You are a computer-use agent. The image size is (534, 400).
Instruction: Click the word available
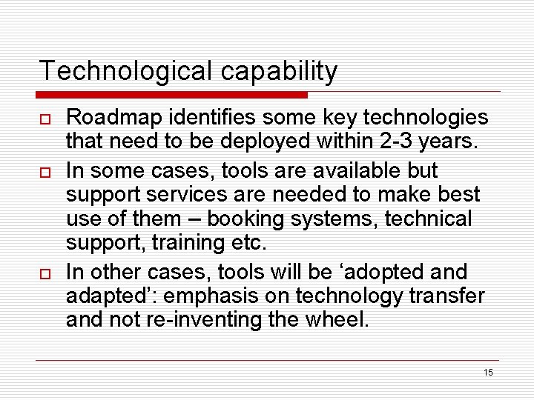pyautogui.click(x=355, y=170)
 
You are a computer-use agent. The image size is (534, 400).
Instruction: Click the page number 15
pyautogui.click(x=487, y=373)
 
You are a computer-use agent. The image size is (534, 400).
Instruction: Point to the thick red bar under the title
pyautogui.click(x=172, y=95)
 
